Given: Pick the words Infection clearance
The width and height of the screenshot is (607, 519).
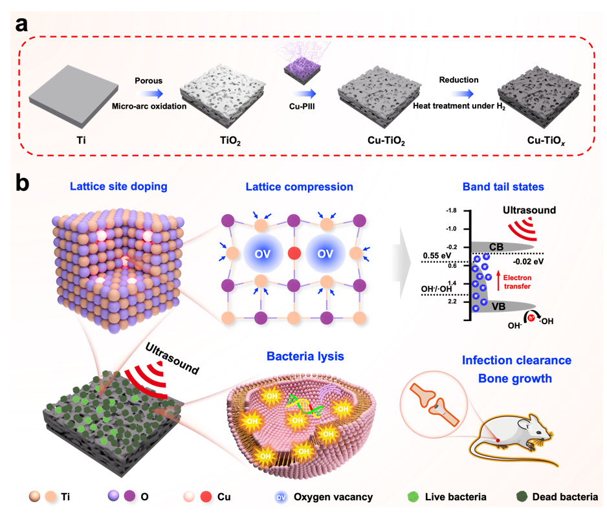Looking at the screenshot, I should click(516, 360).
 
